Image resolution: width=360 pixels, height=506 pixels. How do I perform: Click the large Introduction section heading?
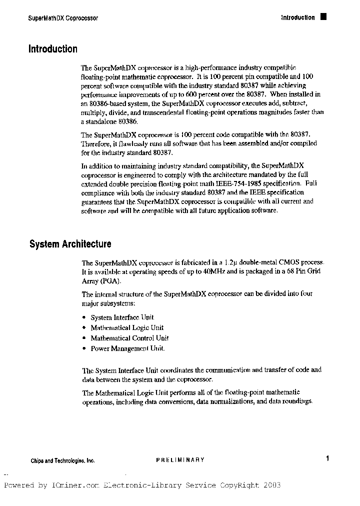coord(53,49)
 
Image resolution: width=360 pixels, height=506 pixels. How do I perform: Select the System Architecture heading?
coord(70,244)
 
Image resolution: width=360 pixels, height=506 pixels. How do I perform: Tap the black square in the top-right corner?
coord(323,17)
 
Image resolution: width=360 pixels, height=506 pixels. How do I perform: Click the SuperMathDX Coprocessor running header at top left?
coord(62,18)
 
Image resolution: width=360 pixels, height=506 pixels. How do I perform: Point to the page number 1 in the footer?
coord(327,458)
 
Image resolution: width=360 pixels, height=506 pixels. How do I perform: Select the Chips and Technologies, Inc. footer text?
coord(62,460)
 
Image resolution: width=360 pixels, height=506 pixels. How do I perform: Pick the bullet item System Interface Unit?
coord(122,317)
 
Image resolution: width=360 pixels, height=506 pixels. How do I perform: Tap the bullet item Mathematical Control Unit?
coord(129,338)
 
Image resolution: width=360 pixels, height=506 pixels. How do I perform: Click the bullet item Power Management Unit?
coord(127,348)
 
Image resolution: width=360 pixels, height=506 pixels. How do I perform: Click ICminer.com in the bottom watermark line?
coord(75,485)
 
